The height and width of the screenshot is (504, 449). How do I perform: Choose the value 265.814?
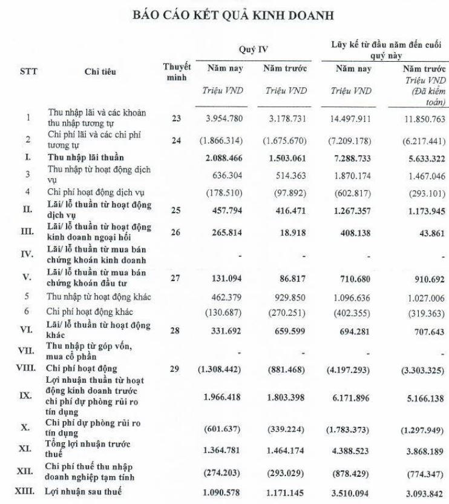coord(225,233)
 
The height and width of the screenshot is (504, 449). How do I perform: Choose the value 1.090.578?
coord(225,492)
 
